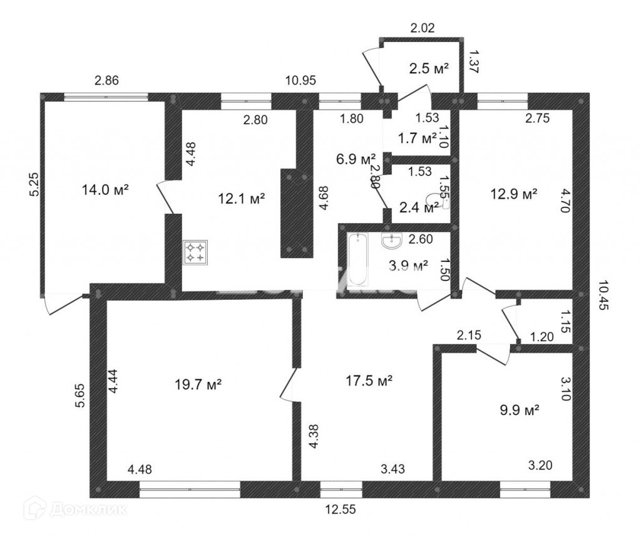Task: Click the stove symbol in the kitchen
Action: click(x=195, y=252)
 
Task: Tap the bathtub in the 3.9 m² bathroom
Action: click(x=358, y=259)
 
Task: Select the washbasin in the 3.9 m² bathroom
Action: click(x=392, y=240)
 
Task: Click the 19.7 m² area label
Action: click(x=198, y=384)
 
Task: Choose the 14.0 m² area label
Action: click(x=105, y=190)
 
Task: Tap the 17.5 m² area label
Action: click(x=369, y=381)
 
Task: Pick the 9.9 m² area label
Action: click(x=520, y=409)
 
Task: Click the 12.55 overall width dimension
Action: click(x=341, y=510)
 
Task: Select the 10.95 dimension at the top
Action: click(x=301, y=80)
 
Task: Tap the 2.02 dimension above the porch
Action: click(x=423, y=28)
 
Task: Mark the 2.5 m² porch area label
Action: click(x=429, y=68)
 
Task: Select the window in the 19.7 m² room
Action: click(x=190, y=490)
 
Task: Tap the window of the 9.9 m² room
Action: click(x=525, y=490)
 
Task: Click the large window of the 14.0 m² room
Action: click(x=106, y=97)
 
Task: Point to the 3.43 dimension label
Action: click(x=393, y=469)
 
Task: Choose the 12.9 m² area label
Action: click(x=513, y=194)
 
